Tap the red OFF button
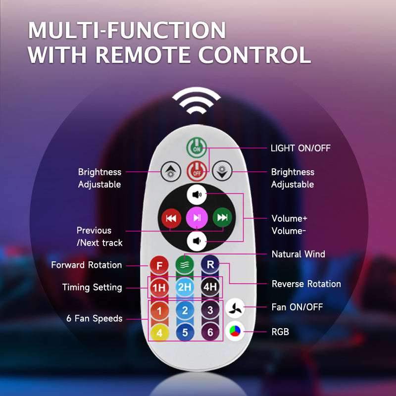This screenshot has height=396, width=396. pos(197,172)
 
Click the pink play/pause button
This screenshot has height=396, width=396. pos(197,217)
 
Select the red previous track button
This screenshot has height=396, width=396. pos(171,217)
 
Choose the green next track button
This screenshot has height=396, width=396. pos(223,217)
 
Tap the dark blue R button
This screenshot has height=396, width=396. pos(210,265)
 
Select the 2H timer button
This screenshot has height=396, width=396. pos(185,287)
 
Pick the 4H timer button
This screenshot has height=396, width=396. pos(210,287)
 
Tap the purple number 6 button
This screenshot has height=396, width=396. pos(210,333)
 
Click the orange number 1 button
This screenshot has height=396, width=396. pos(159,311)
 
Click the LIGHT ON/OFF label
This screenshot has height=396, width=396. pos(300,148)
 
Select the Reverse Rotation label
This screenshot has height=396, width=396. pos(306,284)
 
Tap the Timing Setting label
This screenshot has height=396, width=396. pos(92,287)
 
